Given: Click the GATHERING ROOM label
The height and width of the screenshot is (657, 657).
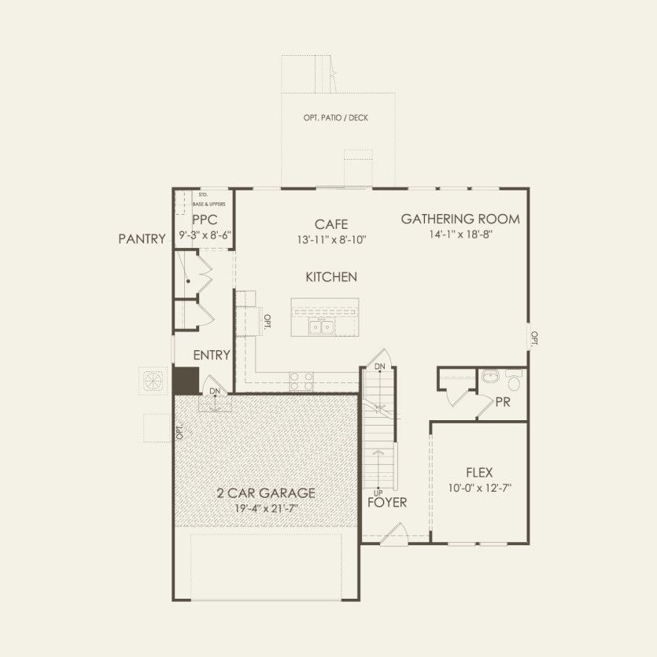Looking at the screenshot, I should (x=460, y=219).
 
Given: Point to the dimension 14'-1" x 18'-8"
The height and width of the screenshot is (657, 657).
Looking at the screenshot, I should (x=460, y=234).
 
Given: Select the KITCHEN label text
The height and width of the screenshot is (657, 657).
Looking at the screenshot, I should (x=331, y=277).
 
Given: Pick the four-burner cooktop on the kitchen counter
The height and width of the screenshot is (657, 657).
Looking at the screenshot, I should (x=301, y=382).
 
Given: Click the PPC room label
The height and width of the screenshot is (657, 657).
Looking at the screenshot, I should (x=204, y=220).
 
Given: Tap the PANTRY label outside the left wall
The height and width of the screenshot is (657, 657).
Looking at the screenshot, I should (x=142, y=239).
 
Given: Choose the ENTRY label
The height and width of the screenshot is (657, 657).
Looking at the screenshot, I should (x=212, y=355).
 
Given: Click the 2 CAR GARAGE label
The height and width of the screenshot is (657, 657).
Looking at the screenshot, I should (x=266, y=493).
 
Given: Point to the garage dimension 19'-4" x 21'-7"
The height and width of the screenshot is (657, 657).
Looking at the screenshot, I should (x=266, y=508).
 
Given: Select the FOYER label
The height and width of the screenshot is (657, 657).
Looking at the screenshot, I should (x=387, y=502).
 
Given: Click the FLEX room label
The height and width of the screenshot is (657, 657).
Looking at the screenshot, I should (x=479, y=472).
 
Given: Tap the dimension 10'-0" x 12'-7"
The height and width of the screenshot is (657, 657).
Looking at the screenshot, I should (x=479, y=487).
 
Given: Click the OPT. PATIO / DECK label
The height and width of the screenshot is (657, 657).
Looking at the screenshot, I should (x=335, y=118).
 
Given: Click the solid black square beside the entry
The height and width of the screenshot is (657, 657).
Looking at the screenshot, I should (x=186, y=380).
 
